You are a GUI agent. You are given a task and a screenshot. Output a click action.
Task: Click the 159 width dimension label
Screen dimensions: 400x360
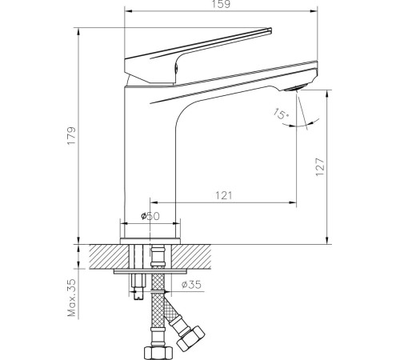[222, 4]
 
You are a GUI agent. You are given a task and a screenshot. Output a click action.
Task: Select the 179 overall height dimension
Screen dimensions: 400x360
[71, 136]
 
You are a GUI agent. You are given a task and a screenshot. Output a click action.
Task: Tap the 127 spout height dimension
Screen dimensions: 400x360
[320, 167]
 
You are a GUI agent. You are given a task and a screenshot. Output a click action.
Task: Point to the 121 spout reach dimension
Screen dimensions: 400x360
[224, 195]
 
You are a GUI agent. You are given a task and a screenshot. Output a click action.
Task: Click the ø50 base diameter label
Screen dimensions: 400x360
[150, 216]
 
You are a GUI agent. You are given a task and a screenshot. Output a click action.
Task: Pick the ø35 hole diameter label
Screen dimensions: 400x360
[191, 285]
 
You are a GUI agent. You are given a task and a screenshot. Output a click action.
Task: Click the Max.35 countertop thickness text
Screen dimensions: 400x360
[72, 298]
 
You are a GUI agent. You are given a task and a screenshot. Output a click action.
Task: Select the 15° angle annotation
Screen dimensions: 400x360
[281, 114]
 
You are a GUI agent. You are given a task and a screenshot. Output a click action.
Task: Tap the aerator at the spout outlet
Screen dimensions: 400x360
[296, 87]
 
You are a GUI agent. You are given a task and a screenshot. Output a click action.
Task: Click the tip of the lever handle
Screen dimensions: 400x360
[270, 30]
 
